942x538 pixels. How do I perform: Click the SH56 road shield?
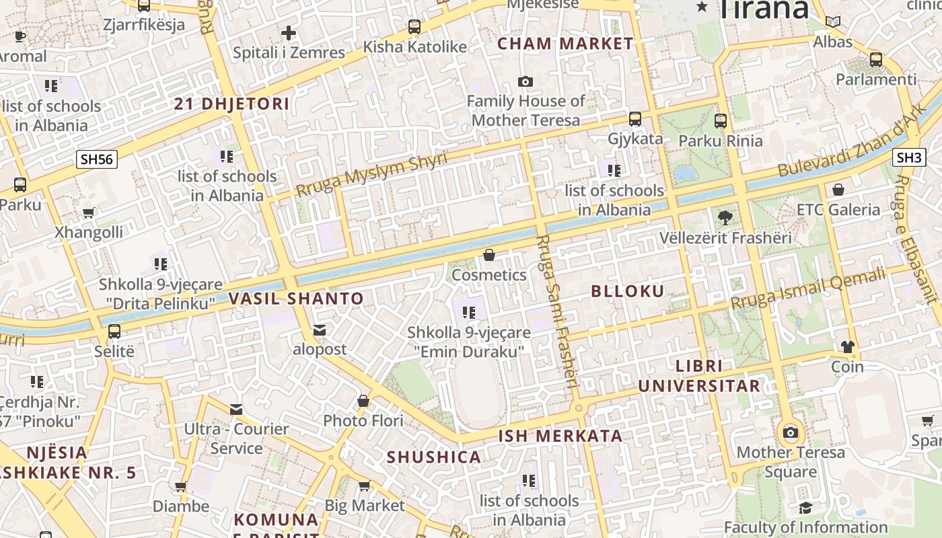click(97, 159)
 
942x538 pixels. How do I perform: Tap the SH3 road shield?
click(908, 157)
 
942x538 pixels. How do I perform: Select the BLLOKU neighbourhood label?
click(627, 291)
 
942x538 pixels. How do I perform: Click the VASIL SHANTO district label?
click(296, 299)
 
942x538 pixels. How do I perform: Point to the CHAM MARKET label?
click(565, 44)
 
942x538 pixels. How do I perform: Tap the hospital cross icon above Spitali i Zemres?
click(289, 32)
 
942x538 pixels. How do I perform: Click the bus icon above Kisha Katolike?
click(414, 27)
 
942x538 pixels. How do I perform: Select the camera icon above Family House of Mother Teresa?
click(526, 81)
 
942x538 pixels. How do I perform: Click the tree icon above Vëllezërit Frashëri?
click(725, 217)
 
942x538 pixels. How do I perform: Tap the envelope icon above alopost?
click(319, 330)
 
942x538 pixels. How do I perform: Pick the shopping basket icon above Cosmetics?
click(489, 255)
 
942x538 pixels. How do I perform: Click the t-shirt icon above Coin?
click(847, 347)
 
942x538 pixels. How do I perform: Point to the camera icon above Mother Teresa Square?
click(791, 432)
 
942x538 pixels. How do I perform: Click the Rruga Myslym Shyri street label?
click(371, 174)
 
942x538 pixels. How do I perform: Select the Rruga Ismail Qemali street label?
click(808, 289)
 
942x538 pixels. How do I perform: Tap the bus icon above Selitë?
click(114, 331)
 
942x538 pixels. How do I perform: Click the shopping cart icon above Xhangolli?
click(88, 213)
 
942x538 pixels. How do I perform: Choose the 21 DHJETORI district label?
click(231, 104)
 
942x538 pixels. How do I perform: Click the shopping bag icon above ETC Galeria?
click(838, 190)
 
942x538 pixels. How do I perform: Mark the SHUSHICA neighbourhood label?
click(433, 457)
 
